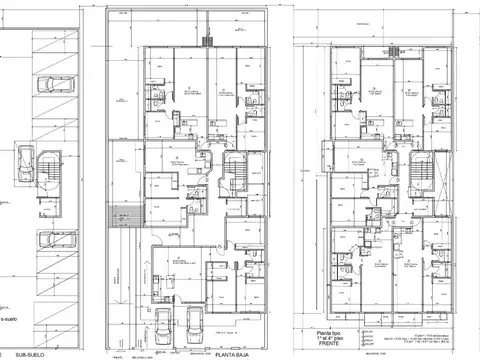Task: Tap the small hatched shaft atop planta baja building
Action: tap(208, 41)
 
